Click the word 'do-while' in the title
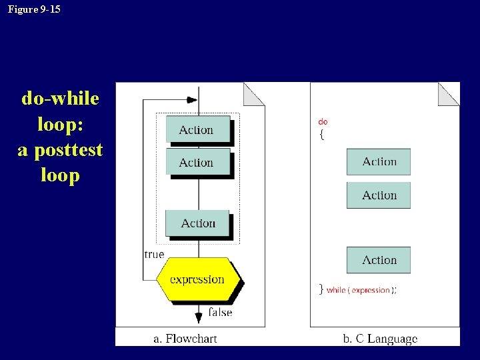(60, 99)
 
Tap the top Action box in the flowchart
(197, 129)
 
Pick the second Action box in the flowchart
(197, 162)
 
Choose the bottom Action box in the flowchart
(197, 223)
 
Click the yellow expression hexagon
(197, 279)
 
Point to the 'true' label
(154, 254)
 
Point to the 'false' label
(220, 312)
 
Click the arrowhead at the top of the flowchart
(192, 100)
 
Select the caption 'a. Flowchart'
(185, 339)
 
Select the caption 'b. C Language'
(380, 339)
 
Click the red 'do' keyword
(323, 122)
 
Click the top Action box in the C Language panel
(379, 162)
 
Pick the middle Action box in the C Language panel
(379, 195)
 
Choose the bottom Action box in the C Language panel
(379, 260)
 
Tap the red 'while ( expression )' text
(358, 290)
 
